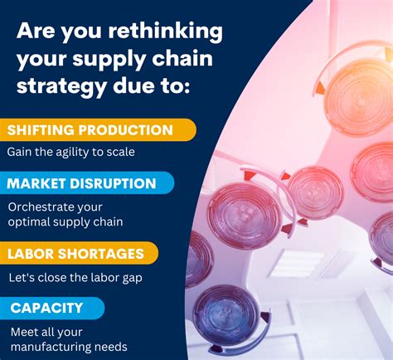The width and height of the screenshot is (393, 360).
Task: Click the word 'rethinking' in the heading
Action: (165, 32)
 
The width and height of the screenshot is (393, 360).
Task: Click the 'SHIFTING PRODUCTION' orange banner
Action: (95, 129)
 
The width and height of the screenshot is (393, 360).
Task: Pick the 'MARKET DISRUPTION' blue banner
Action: (85, 183)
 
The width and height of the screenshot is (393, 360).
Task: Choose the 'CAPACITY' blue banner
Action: (50, 308)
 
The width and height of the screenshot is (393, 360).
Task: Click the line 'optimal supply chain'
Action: (65, 222)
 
